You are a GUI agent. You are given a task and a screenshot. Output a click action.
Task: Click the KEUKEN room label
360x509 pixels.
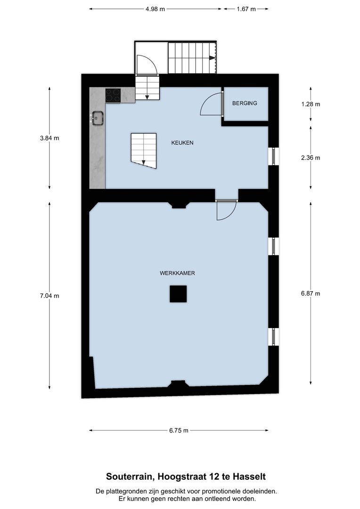[x=182, y=142]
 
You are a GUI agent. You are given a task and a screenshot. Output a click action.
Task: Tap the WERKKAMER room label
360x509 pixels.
[x=177, y=273]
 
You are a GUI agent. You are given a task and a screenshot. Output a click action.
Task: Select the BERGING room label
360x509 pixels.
[x=245, y=103]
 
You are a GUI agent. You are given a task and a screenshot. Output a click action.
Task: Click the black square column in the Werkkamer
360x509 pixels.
[x=178, y=294]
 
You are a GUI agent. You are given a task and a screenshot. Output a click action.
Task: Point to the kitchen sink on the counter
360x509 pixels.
[x=98, y=118]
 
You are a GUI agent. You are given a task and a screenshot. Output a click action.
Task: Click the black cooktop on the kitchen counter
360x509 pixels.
[x=113, y=95]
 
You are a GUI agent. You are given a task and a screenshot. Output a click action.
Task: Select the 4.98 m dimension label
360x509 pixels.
[x=155, y=9]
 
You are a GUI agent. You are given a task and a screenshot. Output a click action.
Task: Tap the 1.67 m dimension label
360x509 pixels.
[x=246, y=9]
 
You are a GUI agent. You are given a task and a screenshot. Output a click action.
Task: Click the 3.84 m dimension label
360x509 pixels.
[x=49, y=138]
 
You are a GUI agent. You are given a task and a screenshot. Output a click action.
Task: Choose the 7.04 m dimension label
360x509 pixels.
[x=49, y=296]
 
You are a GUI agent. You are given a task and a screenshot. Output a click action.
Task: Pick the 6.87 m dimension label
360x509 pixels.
[x=311, y=294]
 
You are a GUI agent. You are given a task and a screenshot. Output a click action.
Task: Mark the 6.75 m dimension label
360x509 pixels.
[x=179, y=430]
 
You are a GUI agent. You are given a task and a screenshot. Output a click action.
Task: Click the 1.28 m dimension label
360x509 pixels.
[x=311, y=104]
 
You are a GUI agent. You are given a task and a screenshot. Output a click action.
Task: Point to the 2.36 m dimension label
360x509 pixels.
[x=311, y=158]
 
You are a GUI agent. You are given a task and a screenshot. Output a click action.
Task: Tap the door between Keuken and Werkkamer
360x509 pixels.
[x=227, y=210]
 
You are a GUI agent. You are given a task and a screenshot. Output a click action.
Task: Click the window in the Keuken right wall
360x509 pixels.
[x=273, y=156]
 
